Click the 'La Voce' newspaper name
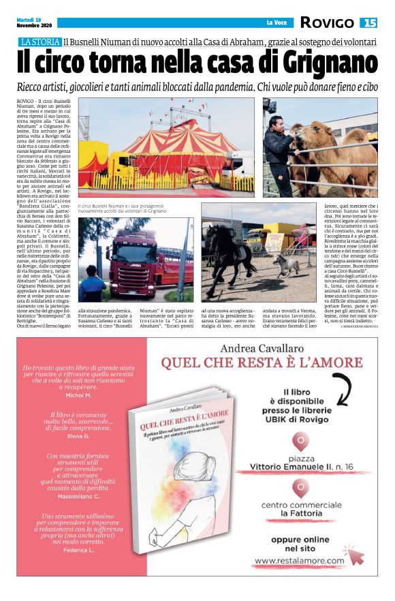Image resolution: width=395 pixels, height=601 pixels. pyautogui.click(x=276, y=22)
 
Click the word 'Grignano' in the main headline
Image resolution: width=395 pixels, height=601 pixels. pyautogui.click(x=327, y=65)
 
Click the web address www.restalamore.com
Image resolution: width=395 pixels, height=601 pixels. pyautogui.click(x=300, y=561)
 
